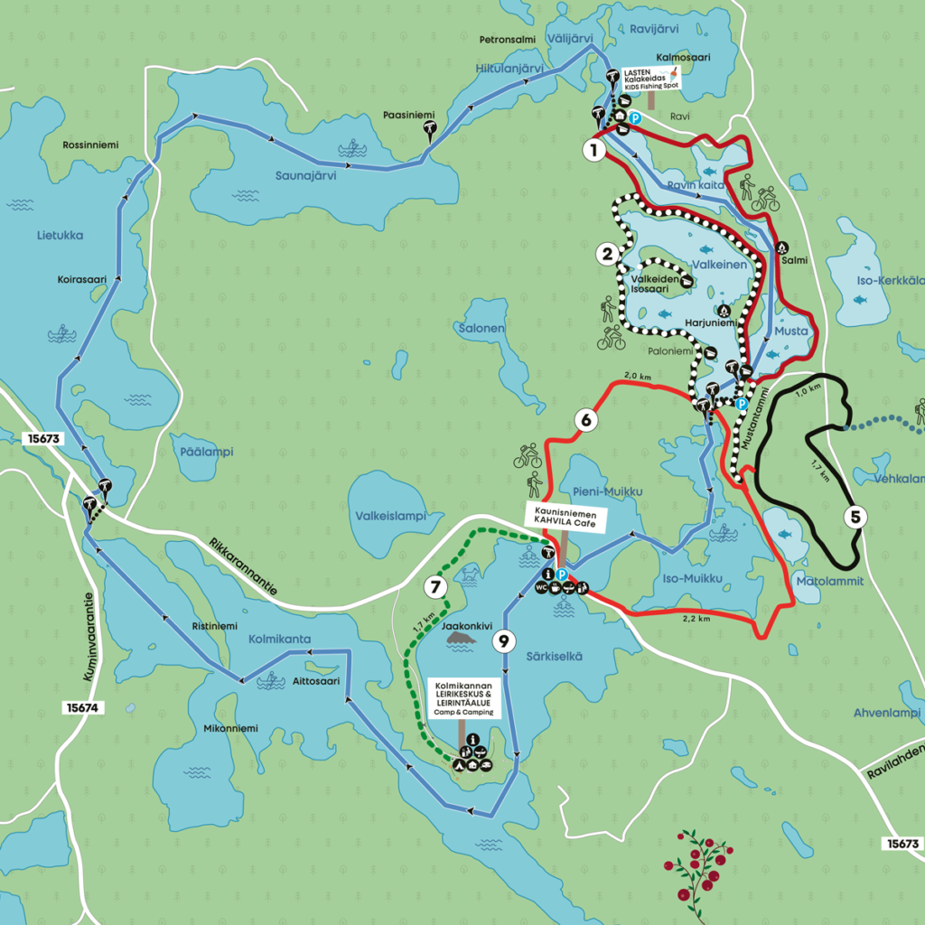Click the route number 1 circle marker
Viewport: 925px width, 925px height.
point(593,150)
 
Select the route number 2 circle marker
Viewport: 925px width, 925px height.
point(609,254)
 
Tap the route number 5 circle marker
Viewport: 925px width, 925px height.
point(854,518)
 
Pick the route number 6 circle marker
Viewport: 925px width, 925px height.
point(585,420)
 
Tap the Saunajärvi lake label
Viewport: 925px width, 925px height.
point(305,176)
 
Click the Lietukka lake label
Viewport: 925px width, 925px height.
point(60,236)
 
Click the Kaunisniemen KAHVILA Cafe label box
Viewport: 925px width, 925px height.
point(566,517)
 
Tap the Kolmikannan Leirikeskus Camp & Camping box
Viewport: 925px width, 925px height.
point(462,700)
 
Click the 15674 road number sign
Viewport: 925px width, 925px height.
point(80,708)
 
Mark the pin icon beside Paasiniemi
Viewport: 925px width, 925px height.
point(430,132)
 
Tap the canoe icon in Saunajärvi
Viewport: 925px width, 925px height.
point(350,148)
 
